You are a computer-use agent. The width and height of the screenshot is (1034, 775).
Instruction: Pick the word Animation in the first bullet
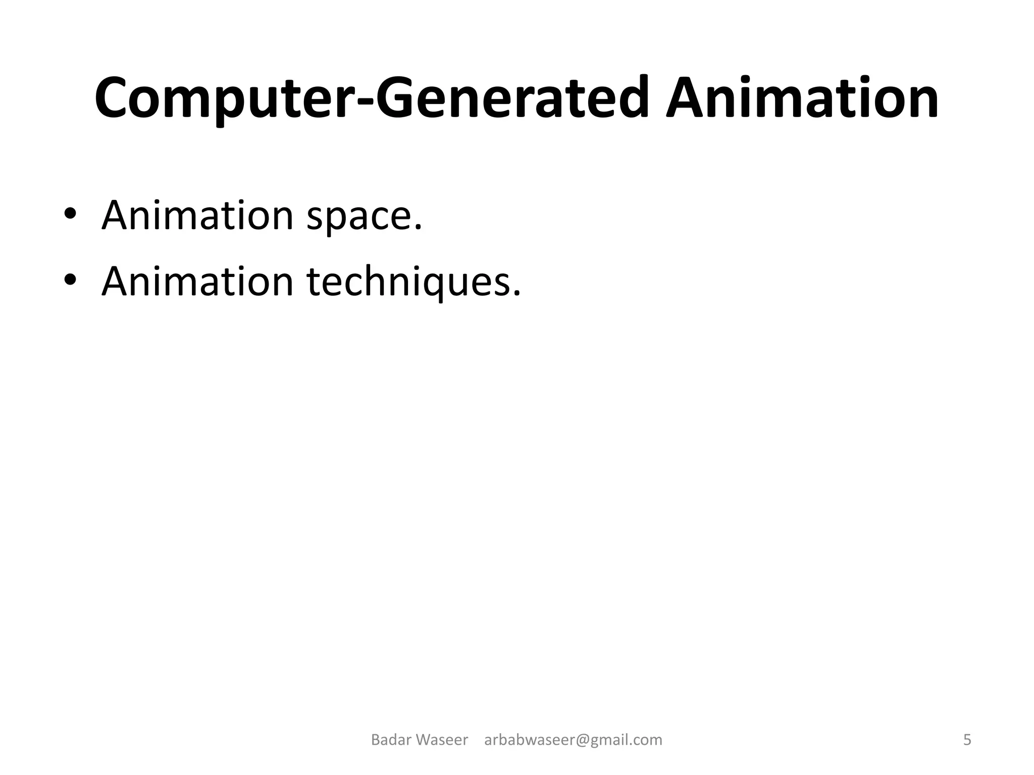[197, 215]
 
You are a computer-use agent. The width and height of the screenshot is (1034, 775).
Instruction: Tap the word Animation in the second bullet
[197, 282]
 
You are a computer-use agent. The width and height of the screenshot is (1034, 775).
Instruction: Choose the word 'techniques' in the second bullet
[409, 283]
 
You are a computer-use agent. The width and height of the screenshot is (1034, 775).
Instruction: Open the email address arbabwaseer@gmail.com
[573, 740]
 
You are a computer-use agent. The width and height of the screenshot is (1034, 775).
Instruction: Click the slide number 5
[967, 740]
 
